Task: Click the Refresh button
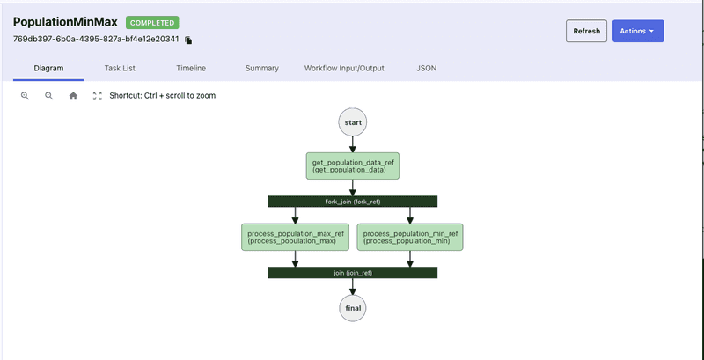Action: click(586, 31)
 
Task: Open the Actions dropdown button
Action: click(637, 31)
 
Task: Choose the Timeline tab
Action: click(191, 68)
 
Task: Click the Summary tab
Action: click(262, 68)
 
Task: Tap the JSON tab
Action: click(426, 68)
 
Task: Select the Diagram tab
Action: click(48, 68)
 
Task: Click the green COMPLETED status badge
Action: click(153, 22)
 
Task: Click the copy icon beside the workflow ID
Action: click(188, 40)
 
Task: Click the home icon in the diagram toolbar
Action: click(73, 96)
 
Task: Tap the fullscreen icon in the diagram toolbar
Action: click(98, 96)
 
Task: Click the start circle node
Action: click(353, 123)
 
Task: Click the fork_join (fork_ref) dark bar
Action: click(353, 201)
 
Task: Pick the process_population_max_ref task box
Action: click(295, 237)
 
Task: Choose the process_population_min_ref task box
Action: click(411, 237)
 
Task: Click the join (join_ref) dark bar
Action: click(353, 273)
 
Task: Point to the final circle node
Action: click(353, 308)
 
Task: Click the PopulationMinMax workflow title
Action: click(65, 22)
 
